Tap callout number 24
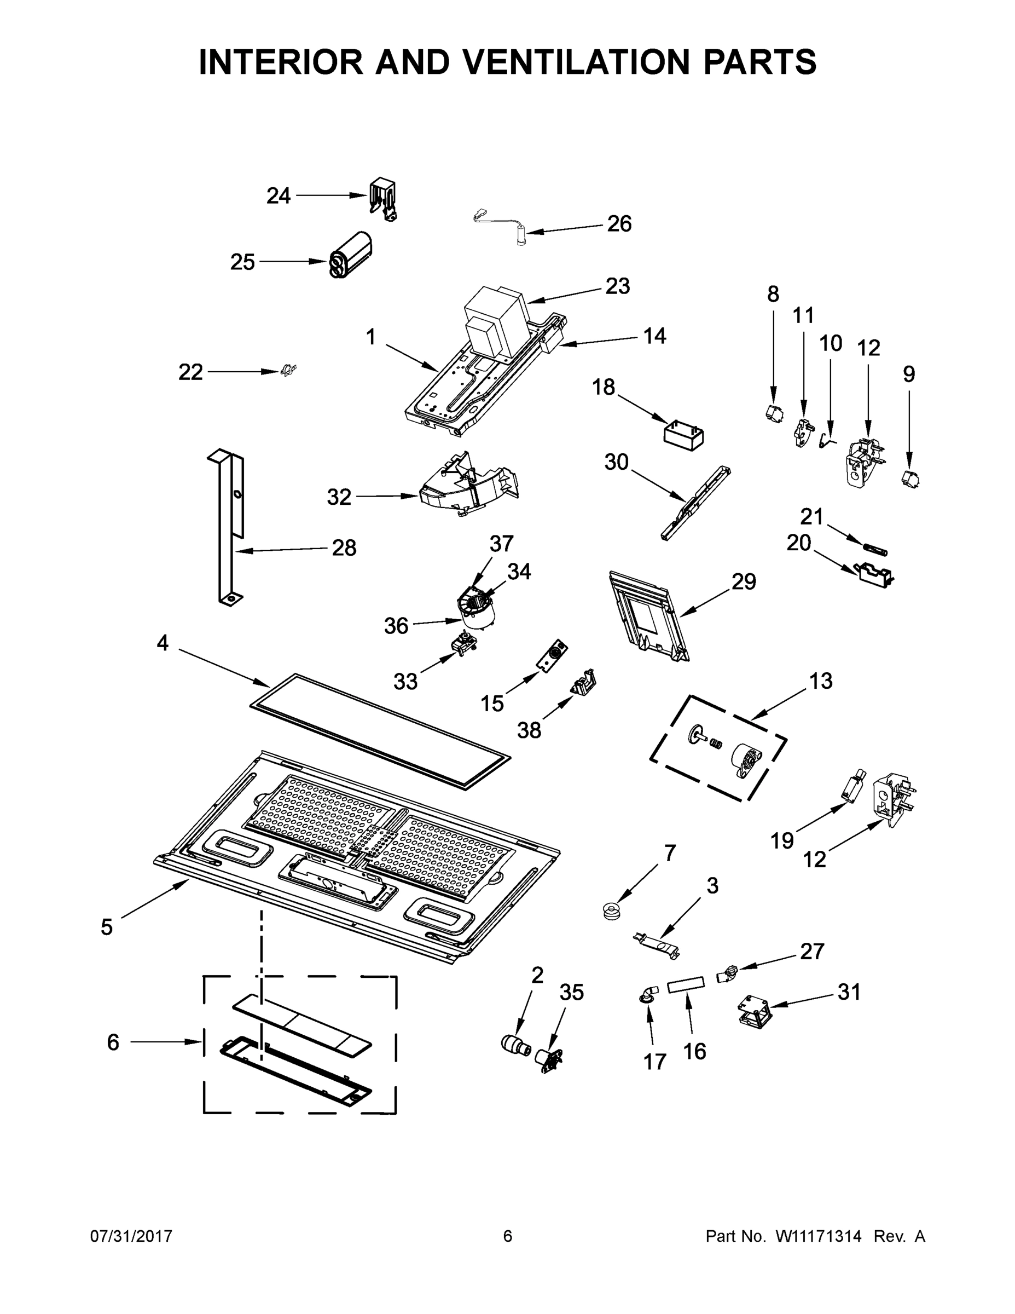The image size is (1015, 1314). tap(279, 196)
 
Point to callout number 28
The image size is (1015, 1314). tap(344, 547)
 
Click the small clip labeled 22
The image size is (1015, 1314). tap(289, 371)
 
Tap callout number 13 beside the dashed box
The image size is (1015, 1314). tap(820, 681)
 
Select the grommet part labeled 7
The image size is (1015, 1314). tap(611, 910)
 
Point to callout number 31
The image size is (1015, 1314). tap(849, 992)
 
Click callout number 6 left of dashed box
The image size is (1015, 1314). tap(113, 1042)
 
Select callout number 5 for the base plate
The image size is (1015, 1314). tap(107, 927)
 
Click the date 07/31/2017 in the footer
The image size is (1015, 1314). tap(131, 1236)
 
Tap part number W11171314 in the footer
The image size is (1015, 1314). tap(819, 1236)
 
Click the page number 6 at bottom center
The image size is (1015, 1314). tap(508, 1236)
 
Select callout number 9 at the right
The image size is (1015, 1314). tap(908, 374)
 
